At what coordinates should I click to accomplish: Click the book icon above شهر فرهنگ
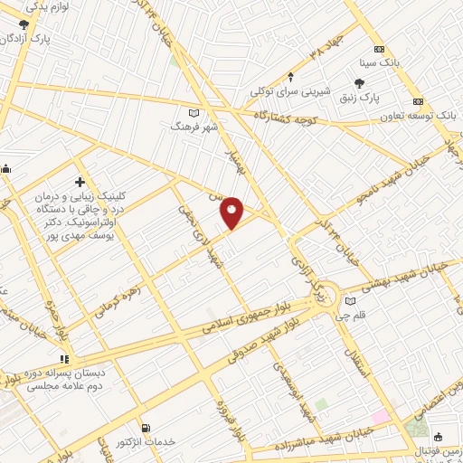pos(192,113)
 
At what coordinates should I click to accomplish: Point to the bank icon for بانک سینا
pos(379,49)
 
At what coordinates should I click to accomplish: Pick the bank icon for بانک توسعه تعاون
pos(418,101)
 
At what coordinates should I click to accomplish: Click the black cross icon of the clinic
pos(80,183)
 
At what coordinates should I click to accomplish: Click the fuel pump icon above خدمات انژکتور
pos(146,427)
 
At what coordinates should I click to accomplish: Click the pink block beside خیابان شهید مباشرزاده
pos(378,417)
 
